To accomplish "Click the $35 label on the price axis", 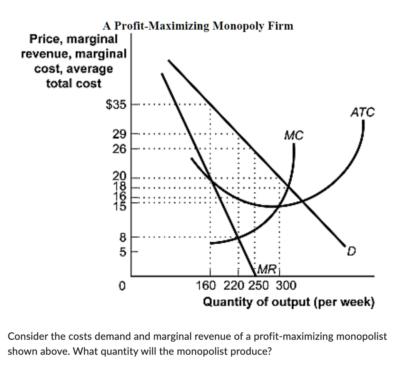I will click(x=116, y=104).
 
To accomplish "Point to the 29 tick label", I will click(x=119, y=134).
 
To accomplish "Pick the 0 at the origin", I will click(x=122, y=286).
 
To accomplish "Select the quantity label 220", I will click(x=234, y=286).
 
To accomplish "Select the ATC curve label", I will click(x=362, y=112).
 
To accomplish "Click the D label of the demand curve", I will click(x=351, y=253).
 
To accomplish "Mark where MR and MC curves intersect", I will click(x=239, y=238).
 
